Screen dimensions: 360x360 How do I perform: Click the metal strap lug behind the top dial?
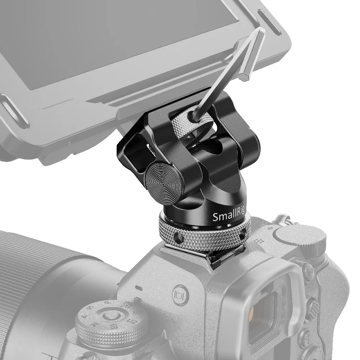click(281, 220)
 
